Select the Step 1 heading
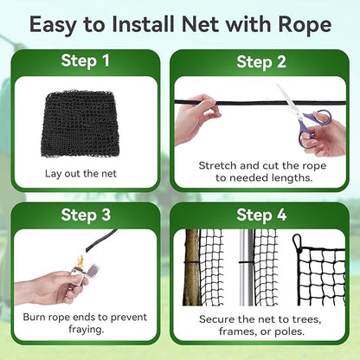(x=85, y=61)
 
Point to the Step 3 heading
(x=85, y=214)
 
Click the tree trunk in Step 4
(x=192, y=267)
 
